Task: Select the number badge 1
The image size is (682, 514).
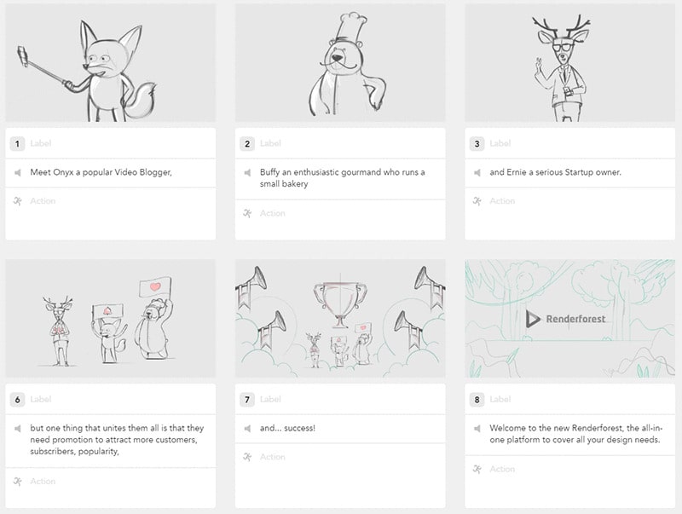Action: (18, 143)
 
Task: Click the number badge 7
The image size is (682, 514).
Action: (247, 399)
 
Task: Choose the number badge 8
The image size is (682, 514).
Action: (477, 399)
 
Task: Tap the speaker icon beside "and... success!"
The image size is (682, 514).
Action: (247, 428)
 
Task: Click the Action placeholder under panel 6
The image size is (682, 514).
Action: (43, 482)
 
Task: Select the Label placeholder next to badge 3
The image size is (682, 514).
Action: (501, 143)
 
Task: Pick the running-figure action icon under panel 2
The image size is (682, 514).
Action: (247, 213)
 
